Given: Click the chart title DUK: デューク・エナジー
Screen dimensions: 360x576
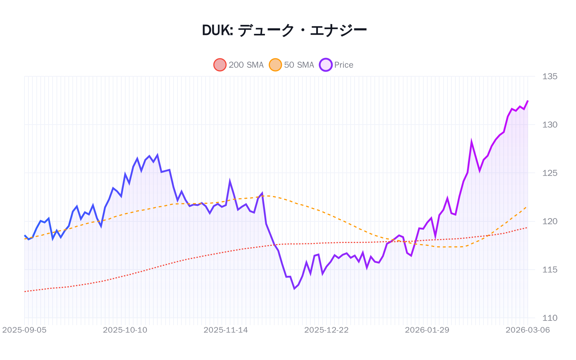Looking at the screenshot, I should [x=284, y=30].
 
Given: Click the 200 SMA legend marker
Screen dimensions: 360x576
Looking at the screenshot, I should [x=220, y=65].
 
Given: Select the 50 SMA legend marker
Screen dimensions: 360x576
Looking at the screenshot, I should [x=275, y=65].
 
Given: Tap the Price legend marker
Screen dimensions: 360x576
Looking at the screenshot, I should [x=325, y=65].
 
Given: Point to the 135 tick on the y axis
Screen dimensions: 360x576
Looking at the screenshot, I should [x=550, y=76].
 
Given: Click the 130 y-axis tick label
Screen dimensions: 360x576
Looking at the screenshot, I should [x=550, y=125].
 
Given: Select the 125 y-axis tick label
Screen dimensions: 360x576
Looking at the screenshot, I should [x=550, y=173].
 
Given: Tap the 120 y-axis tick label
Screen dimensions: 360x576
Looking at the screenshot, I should [x=550, y=221].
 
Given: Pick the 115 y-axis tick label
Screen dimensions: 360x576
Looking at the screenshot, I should [x=550, y=270].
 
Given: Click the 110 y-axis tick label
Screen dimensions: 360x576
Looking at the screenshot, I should [x=550, y=318].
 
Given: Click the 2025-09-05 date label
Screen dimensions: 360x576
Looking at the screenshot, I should [x=24, y=330].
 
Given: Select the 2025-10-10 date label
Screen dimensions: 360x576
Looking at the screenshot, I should [x=125, y=330].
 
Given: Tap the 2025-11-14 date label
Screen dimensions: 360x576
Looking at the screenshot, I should [x=226, y=330].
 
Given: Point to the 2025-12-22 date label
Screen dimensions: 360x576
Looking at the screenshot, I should [x=327, y=330].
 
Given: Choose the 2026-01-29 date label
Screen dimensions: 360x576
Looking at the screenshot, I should [x=427, y=330].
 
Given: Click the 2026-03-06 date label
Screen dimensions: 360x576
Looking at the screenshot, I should [x=528, y=330].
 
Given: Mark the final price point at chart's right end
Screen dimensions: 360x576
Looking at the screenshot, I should [x=528, y=101].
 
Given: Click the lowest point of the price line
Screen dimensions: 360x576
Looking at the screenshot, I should [x=294, y=289].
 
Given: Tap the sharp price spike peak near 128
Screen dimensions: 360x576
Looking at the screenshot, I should [x=471, y=142].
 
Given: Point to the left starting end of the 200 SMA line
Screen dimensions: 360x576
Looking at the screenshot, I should [x=24, y=291].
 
